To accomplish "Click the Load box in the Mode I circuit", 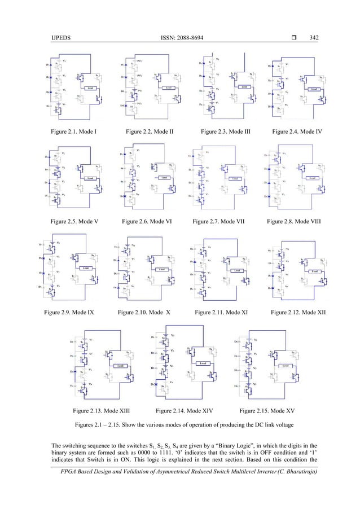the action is coord(91,89).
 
